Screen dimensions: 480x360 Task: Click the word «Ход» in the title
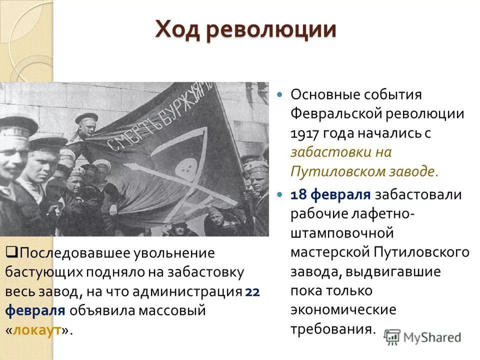click(x=177, y=30)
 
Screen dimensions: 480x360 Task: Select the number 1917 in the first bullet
click(x=304, y=134)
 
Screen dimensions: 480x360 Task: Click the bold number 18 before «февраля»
click(x=298, y=194)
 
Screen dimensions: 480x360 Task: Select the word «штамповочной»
click(x=342, y=233)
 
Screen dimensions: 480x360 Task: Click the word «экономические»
click(x=343, y=310)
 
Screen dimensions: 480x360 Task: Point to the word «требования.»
click(x=333, y=329)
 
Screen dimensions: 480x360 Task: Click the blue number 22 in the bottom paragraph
click(x=252, y=292)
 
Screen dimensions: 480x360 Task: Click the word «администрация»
click(x=187, y=292)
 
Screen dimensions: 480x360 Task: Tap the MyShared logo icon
click(x=392, y=337)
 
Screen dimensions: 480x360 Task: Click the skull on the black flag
click(x=185, y=168)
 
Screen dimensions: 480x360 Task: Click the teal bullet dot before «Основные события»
click(x=279, y=94)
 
